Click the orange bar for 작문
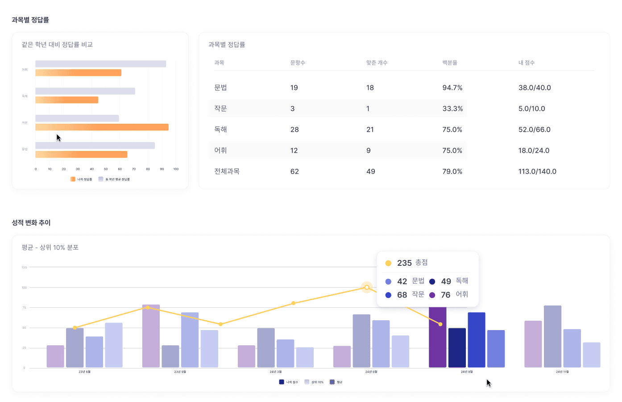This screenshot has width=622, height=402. tap(102, 127)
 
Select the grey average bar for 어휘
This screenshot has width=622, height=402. tap(100, 64)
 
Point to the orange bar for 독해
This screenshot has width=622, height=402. tap(67, 100)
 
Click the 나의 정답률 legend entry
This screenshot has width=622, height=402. tap(81, 179)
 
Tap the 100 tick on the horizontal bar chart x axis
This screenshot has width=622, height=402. tap(176, 169)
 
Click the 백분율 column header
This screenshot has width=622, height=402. tap(450, 63)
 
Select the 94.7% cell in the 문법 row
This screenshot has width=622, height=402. tap(452, 88)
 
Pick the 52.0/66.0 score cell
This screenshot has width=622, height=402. tap(534, 130)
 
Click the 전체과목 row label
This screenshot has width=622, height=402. tap(227, 172)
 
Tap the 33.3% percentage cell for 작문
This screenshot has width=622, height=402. tap(452, 109)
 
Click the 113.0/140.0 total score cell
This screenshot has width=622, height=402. tap(537, 172)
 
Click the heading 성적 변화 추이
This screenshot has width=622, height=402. tap(31, 222)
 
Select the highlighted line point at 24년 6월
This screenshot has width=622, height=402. tap(367, 287)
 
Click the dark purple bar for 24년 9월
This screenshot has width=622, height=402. tap(437, 337)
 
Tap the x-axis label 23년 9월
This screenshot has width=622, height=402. tap(180, 372)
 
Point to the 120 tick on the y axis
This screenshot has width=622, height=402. tap(24, 268)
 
